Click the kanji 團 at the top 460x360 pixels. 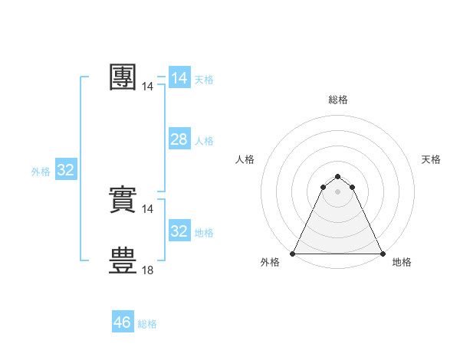pyautogui.click(x=123, y=77)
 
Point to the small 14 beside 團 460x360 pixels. pyautogui.click(x=148, y=87)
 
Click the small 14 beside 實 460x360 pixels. pyautogui.click(x=148, y=208)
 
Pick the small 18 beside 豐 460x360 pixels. pyautogui.click(x=148, y=270)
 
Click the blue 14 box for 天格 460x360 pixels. pyautogui.click(x=179, y=78)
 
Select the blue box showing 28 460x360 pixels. pyautogui.click(x=179, y=139)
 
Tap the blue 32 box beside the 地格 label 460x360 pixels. pyautogui.click(x=179, y=231)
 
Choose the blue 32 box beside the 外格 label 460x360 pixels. pyautogui.click(x=66, y=170)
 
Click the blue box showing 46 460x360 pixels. pyautogui.click(x=123, y=322)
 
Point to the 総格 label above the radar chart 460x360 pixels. pyautogui.click(x=338, y=100)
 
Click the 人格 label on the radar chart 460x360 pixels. pyautogui.click(x=245, y=159)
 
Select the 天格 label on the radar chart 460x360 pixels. pyautogui.click(x=431, y=159)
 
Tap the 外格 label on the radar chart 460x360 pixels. pyautogui.click(x=270, y=263)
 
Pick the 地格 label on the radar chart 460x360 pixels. pyautogui.click(x=402, y=263)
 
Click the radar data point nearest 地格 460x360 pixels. pyautogui.click(x=382, y=254)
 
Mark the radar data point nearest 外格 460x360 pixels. pyautogui.click(x=294, y=254)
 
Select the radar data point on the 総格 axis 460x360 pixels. pyautogui.click(x=338, y=177)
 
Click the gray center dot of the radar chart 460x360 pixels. pyautogui.click(x=338, y=191)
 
